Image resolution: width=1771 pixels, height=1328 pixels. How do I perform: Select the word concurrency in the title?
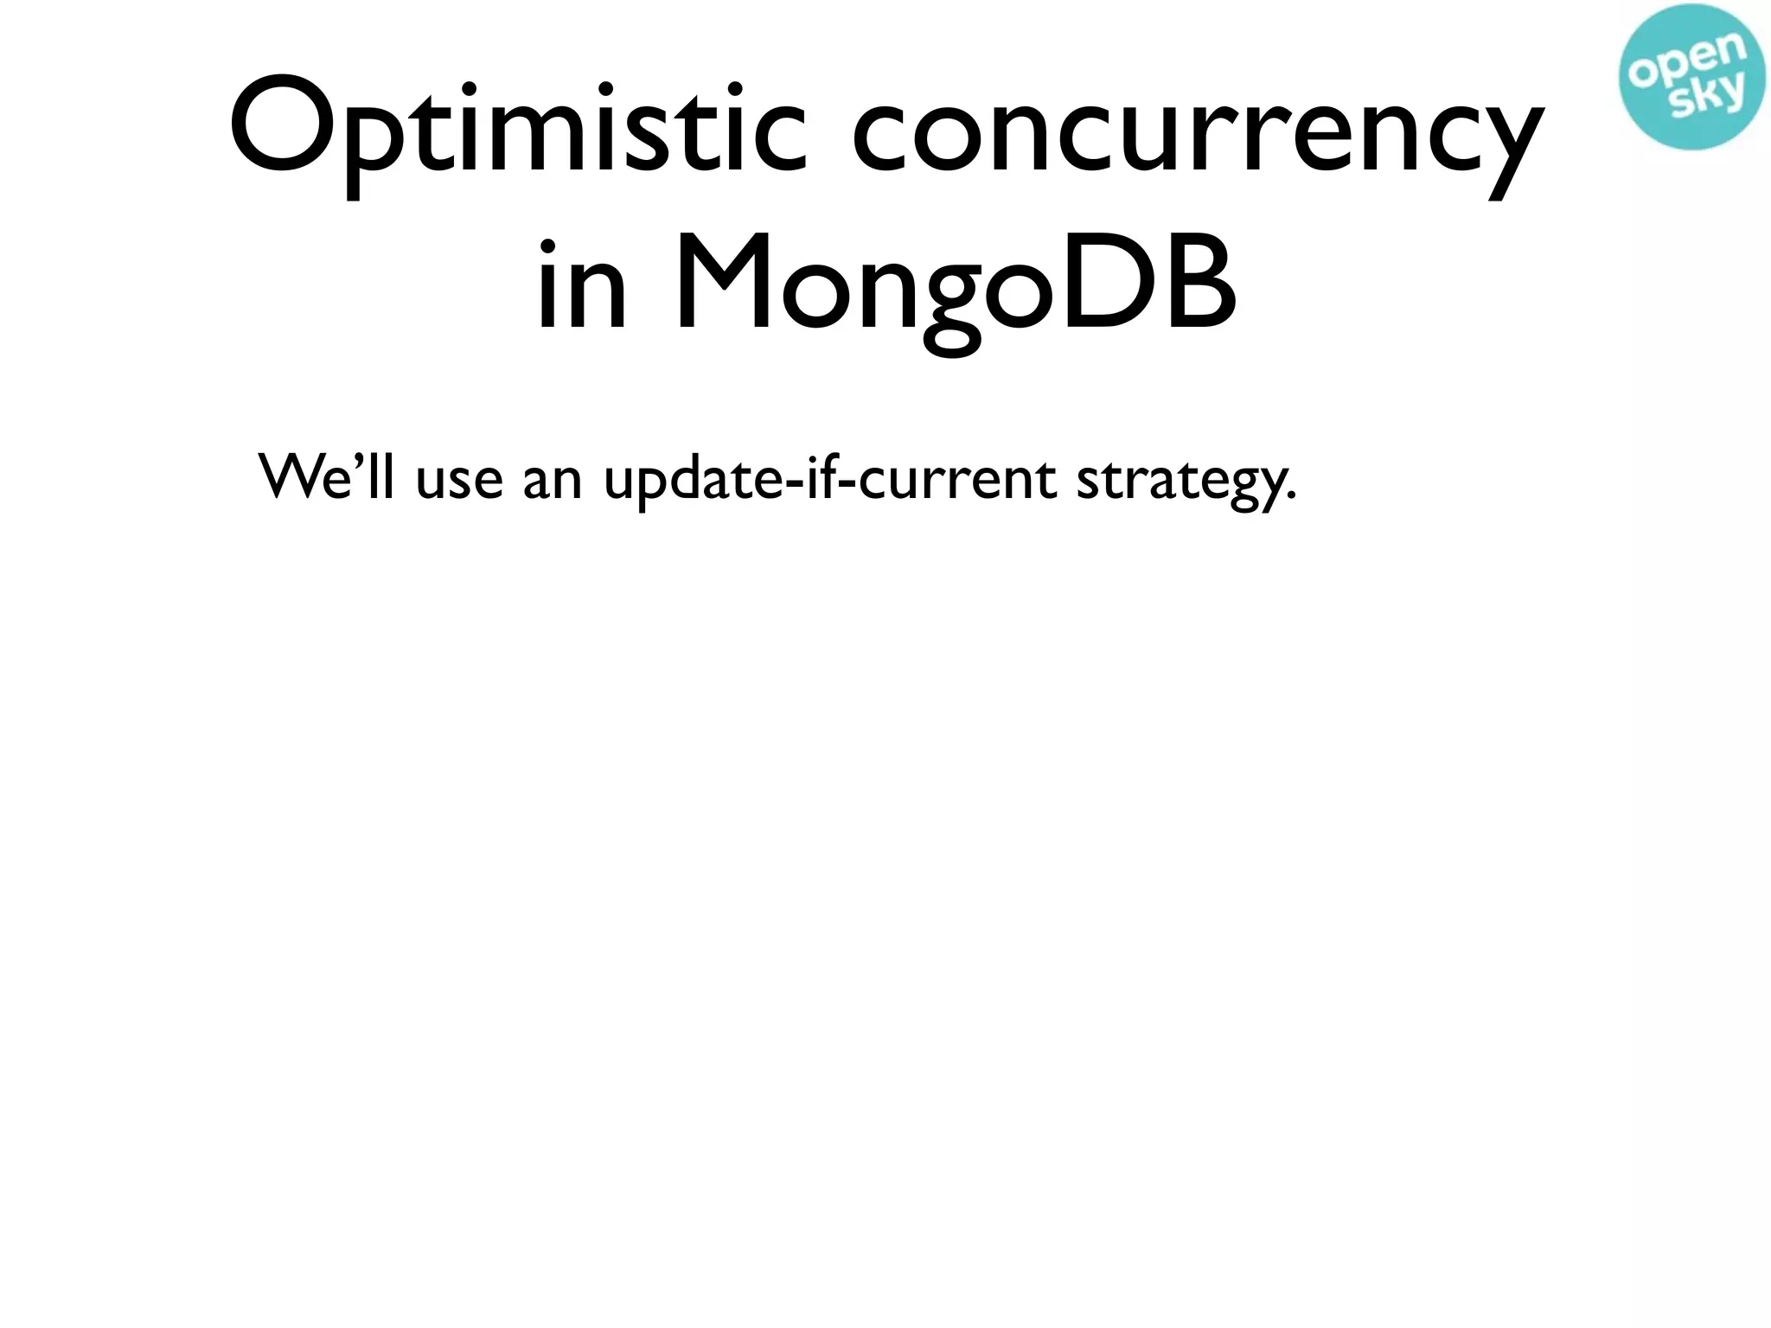click(1197, 134)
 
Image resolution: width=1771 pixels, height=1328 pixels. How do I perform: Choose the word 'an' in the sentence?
click(553, 480)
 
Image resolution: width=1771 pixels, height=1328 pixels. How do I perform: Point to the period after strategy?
click(1291, 497)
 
